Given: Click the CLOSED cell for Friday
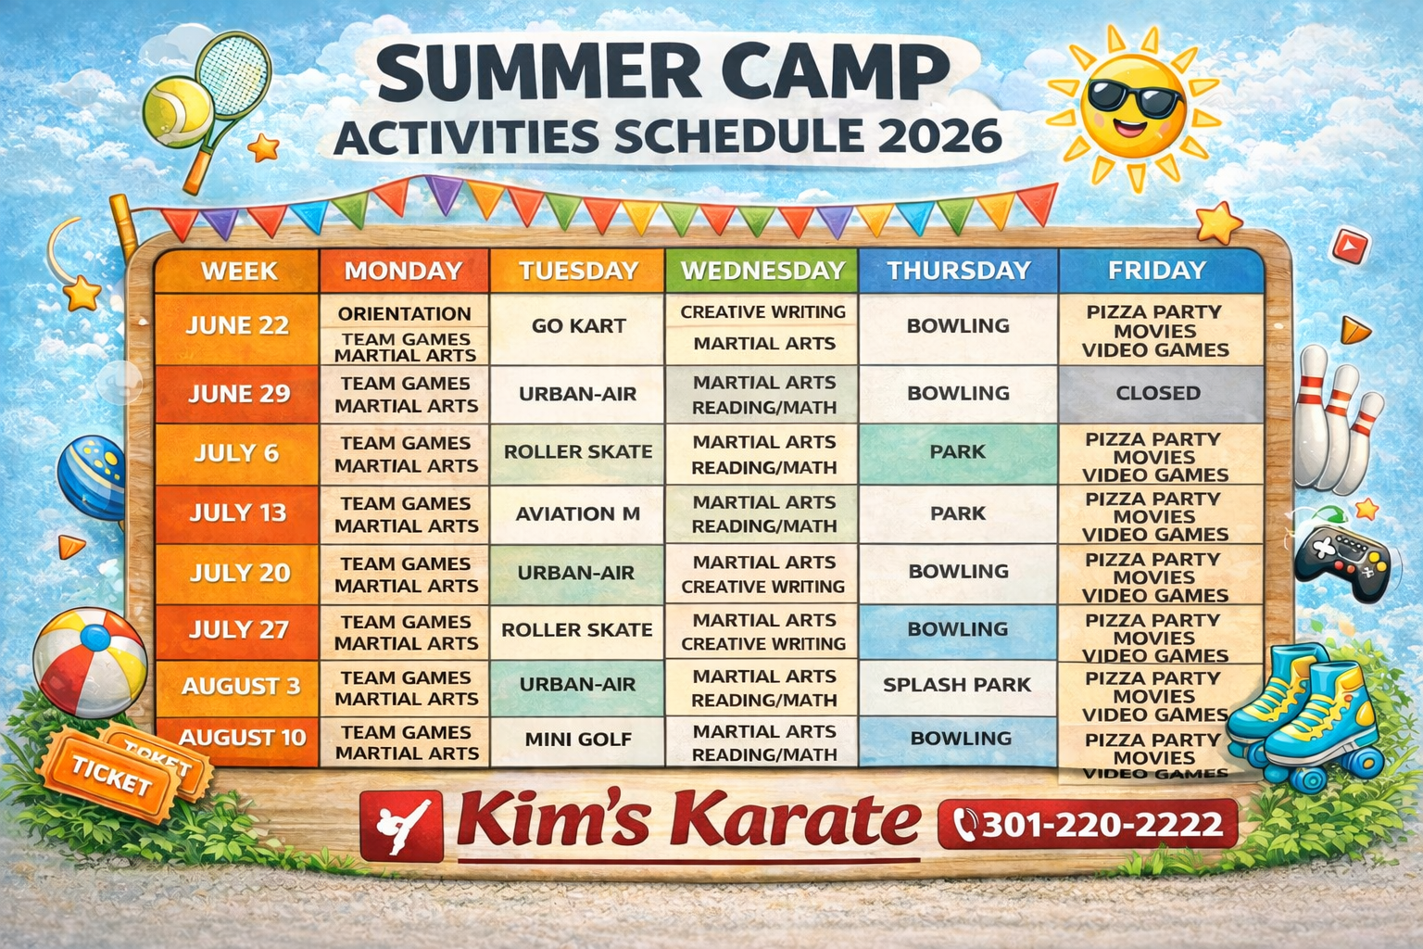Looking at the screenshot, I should tap(1159, 394).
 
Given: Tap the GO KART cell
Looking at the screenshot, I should tap(578, 326).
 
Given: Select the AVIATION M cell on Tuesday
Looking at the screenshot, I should tap(577, 513).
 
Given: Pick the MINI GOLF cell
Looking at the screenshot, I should tap(578, 740).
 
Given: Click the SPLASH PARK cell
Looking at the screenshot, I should tap(957, 686).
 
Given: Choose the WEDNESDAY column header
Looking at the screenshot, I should tap(762, 271).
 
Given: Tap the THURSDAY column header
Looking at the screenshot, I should tap(959, 271).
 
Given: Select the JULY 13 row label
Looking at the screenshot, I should tap(238, 513).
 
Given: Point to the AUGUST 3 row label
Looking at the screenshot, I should tap(241, 687).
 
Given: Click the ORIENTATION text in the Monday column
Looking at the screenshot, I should tap(405, 313).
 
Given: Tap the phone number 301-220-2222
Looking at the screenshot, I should tap(1102, 825).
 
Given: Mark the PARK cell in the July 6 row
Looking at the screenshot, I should tap(958, 452).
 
